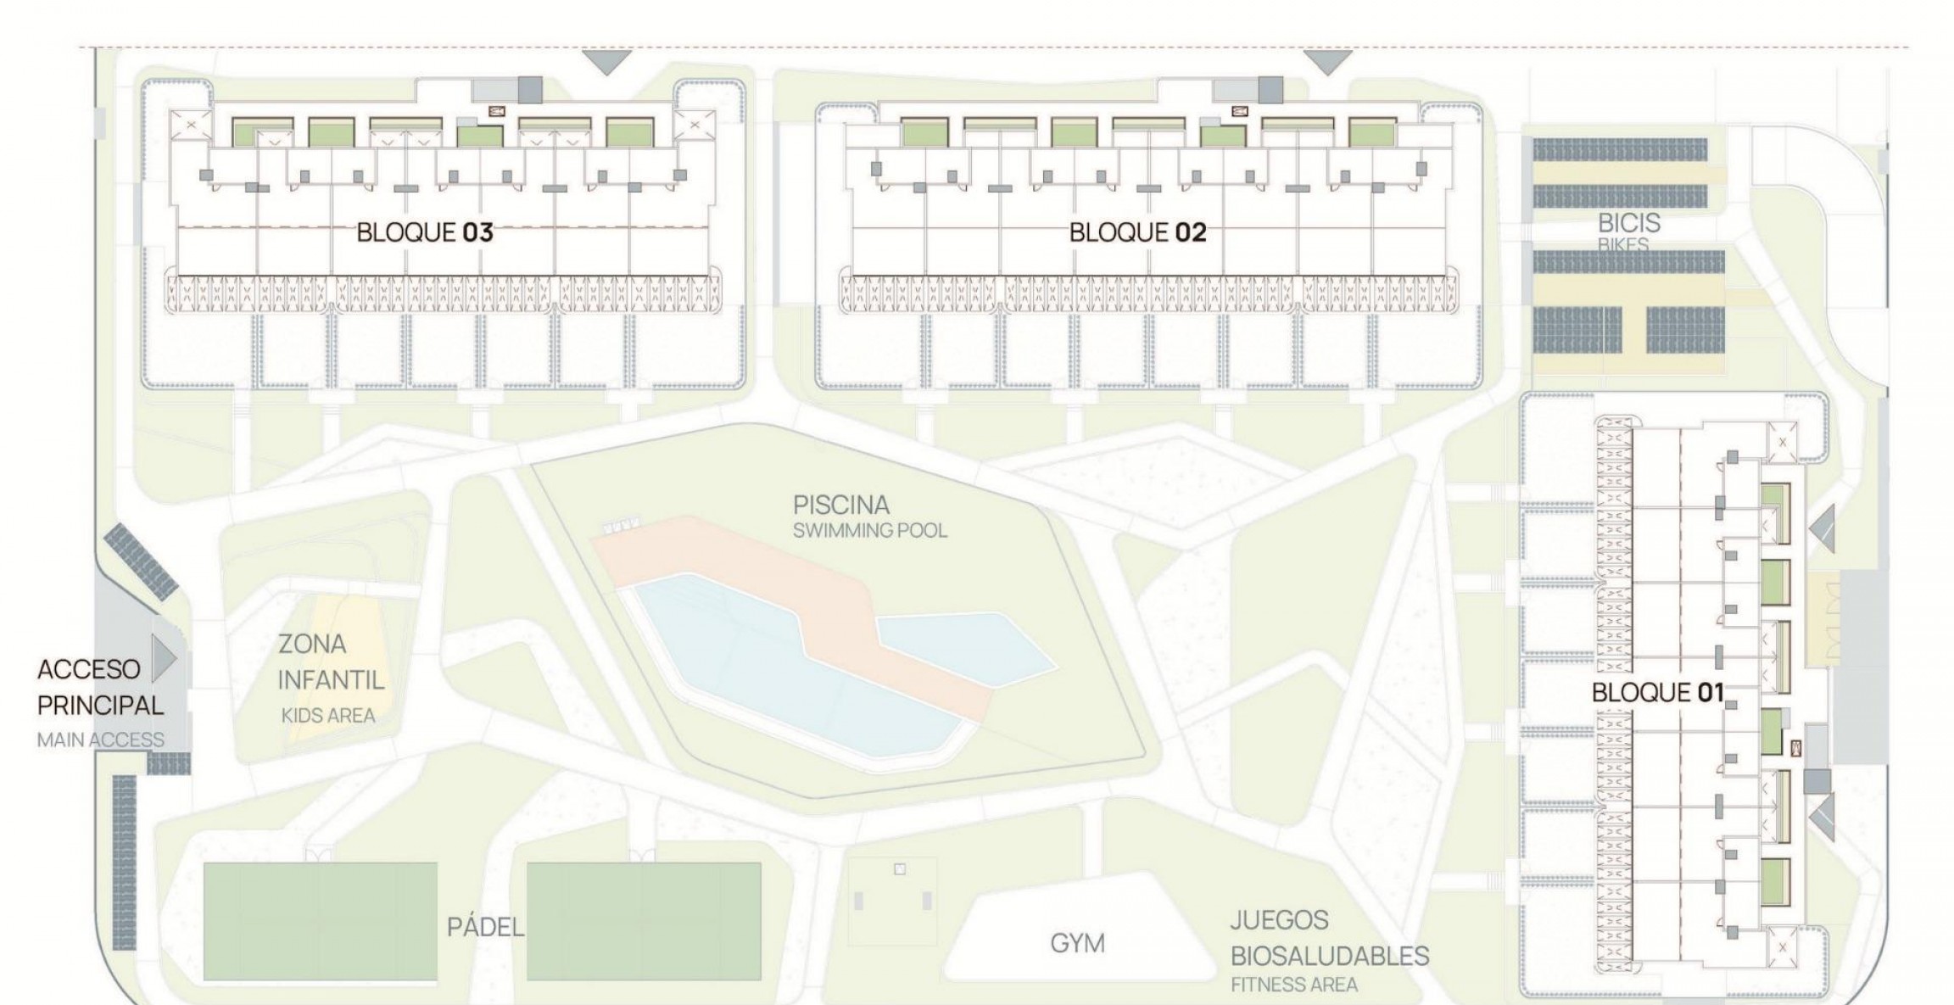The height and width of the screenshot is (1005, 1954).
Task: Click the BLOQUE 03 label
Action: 424,232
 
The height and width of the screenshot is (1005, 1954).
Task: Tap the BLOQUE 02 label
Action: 1136,232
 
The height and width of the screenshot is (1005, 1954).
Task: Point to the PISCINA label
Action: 840,505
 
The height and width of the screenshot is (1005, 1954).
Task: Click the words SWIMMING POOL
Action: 869,531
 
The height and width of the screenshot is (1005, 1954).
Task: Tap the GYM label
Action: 1077,943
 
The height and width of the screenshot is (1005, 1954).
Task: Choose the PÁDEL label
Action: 485,928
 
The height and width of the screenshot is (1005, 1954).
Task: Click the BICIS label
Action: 1628,224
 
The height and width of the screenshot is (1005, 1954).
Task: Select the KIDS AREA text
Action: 327,716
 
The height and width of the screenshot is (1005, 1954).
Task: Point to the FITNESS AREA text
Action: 1293,985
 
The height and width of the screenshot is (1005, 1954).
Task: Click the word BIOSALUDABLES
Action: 1329,956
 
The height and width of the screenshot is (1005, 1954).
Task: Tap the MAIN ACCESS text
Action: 100,740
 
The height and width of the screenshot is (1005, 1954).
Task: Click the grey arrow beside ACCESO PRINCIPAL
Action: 164,658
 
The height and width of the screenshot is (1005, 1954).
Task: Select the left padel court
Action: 321,920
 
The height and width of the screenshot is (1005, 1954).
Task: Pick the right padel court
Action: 644,920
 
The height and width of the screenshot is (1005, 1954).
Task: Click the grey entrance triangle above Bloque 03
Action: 605,61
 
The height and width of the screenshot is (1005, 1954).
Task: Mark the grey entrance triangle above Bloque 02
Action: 1326,61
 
